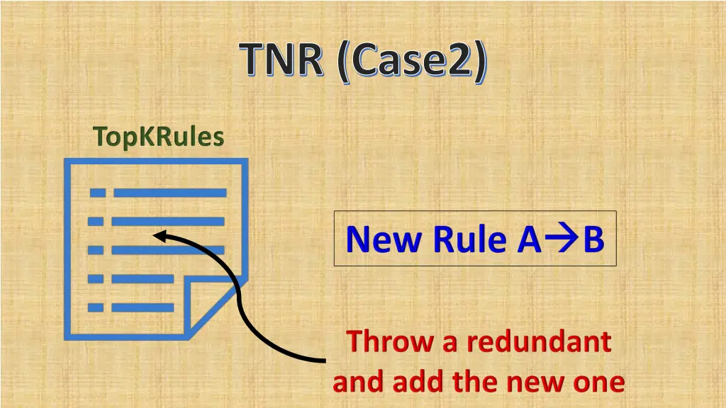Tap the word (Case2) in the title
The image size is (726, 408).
(x=413, y=62)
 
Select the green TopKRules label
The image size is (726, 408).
(x=158, y=137)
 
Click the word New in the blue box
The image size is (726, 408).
(x=381, y=239)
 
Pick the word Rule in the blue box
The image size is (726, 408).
(x=467, y=239)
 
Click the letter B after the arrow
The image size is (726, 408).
(x=593, y=239)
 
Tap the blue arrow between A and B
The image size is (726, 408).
(x=562, y=240)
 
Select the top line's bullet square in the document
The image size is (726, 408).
(x=97, y=193)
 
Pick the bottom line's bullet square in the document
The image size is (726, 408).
(x=96, y=307)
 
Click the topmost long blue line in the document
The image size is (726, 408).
(x=170, y=193)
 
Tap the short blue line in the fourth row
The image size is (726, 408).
(x=143, y=278)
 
